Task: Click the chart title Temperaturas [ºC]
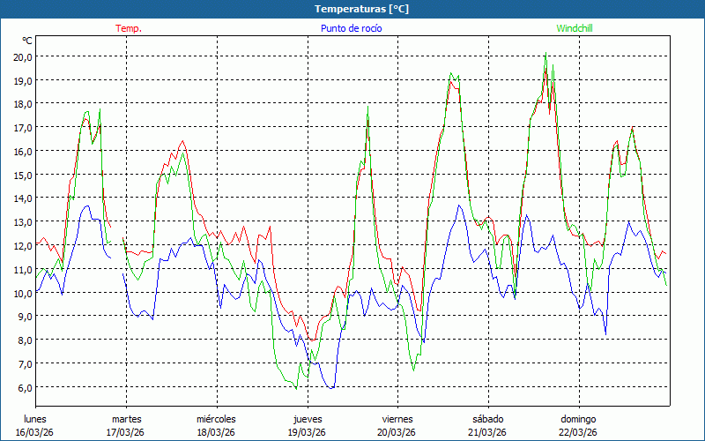click(x=362, y=9)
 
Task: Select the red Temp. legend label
click(x=129, y=28)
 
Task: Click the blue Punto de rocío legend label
click(x=351, y=28)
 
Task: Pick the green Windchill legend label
click(x=574, y=28)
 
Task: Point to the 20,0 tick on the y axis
click(x=23, y=56)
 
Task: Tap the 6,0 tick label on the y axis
click(x=23, y=387)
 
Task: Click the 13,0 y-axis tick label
click(x=23, y=221)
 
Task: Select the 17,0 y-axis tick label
click(x=23, y=127)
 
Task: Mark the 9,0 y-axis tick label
click(x=23, y=316)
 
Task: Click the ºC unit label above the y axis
click(x=27, y=41)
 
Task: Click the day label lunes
click(x=35, y=419)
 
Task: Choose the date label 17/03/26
click(x=125, y=432)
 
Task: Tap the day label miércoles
click(x=216, y=419)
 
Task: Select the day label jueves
click(x=307, y=419)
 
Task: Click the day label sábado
click(x=487, y=419)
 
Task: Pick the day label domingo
click(x=578, y=419)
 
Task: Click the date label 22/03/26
click(x=578, y=432)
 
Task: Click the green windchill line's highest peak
click(x=546, y=55)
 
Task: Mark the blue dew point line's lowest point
click(x=331, y=388)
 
